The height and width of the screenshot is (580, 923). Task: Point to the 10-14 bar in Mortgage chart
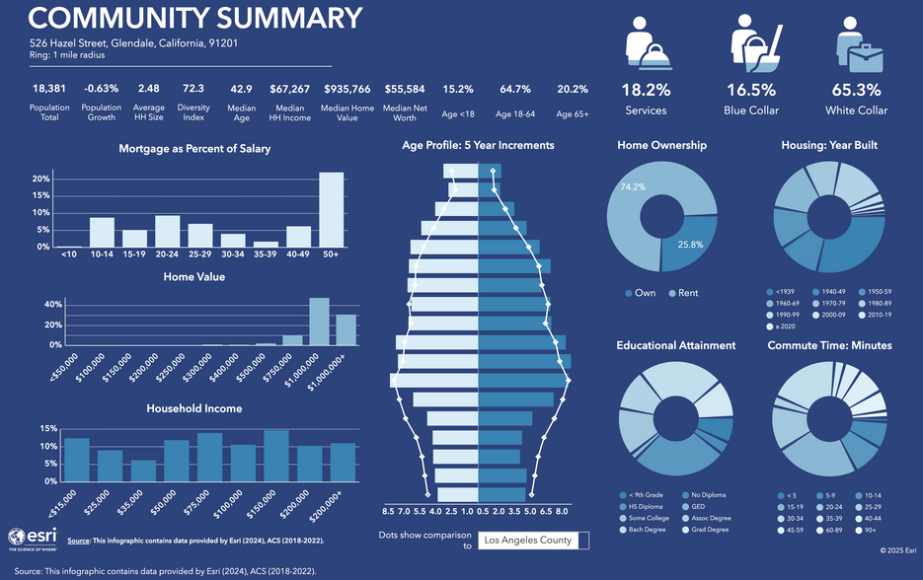(102, 232)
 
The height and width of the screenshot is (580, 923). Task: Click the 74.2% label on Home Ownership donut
(633, 186)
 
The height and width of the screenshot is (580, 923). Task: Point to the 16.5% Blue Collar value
(751, 89)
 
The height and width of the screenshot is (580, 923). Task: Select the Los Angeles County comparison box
(533, 540)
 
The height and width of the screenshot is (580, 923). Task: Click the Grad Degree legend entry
(707, 530)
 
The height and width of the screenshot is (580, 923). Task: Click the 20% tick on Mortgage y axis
(41, 180)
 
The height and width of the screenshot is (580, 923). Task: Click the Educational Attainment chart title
(675, 345)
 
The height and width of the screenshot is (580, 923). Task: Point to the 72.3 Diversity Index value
(192, 89)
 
